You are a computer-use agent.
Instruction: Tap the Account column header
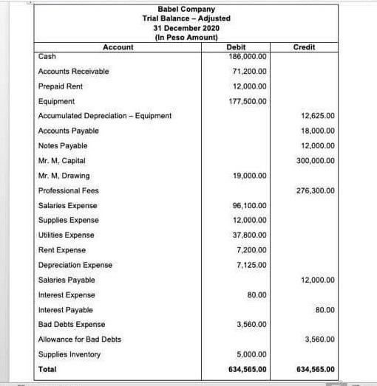point(118,47)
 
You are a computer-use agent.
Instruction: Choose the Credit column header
point(304,47)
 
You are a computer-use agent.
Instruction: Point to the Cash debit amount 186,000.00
point(248,56)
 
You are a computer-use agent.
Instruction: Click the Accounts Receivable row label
point(73,72)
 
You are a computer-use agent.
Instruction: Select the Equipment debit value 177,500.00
point(248,101)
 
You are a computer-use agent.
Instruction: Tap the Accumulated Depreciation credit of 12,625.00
point(319,116)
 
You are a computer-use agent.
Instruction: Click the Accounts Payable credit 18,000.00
point(319,131)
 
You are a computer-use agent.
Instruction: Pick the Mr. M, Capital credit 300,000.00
point(317,161)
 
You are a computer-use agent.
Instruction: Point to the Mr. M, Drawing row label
point(64,176)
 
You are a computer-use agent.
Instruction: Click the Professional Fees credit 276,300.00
point(317,191)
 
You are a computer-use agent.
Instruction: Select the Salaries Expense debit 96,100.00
point(249,206)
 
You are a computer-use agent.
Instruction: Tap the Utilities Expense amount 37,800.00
point(249,235)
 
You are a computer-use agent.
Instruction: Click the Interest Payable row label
point(65,310)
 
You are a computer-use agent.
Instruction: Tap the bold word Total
point(47,369)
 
